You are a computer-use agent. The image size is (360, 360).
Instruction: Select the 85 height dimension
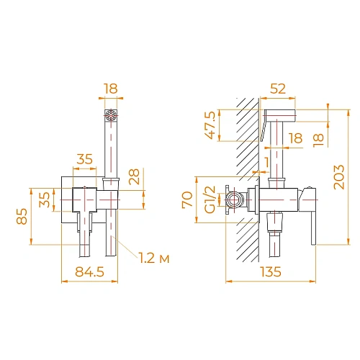22,215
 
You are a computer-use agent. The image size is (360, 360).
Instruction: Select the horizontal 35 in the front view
86,160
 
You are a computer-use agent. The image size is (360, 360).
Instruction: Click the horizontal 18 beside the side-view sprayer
294,138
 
